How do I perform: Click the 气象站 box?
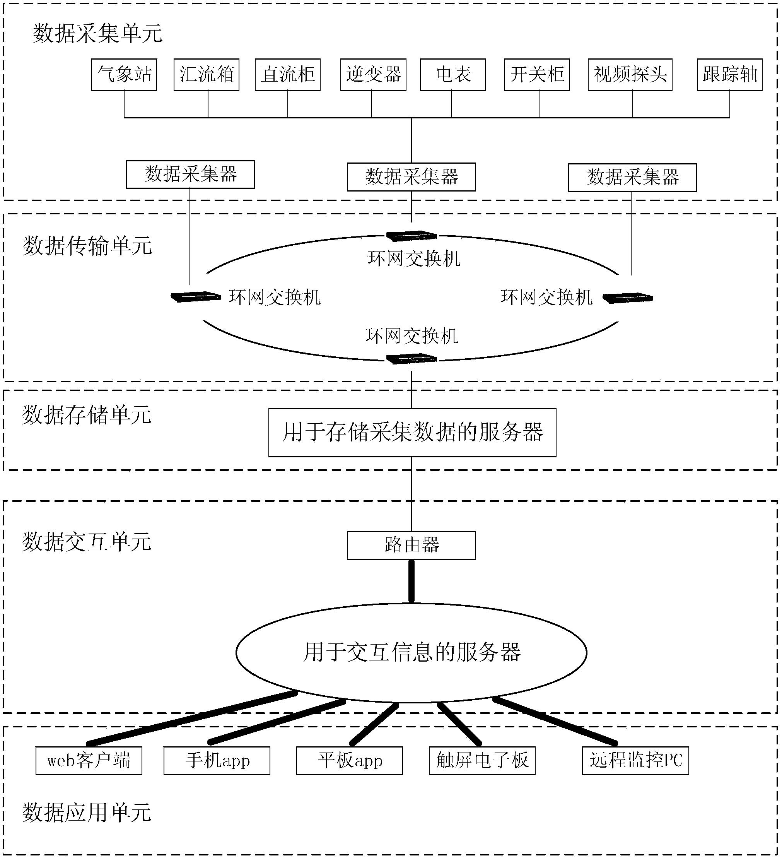pyautogui.click(x=124, y=75)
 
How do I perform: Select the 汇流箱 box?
pyautogui.click(x=207, y=75)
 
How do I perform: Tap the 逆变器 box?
pyautogui.click(x=373, y=75)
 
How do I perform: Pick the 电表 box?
pyautogui.click(x=452, y=75)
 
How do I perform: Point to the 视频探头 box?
pyautogui.click(x=630, y=75)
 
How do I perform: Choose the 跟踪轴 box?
pyautogui.click(x=729, y=75)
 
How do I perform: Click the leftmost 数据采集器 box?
pyautogui.click(x=190, y=174)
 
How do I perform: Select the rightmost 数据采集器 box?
pyautogui.click(x=632, y=177)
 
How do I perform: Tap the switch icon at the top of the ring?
pyautogui.click(x=411, y=235)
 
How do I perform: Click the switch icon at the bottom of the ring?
pyautogui.click(x=411, y=359)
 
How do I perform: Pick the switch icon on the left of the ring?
pyautogui.click(x=196, y=297)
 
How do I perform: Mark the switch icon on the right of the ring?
pyautogui.click(x=628, y=298)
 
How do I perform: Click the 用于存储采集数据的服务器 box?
pyautogui.click(x=412, y=432)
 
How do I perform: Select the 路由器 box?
pyautogui.click(x=411, y=545)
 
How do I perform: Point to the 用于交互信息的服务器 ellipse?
pyautogui.click(x=411, y=652)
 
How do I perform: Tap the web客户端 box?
pyautogui.click(x=89, y=761)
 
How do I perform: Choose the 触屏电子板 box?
pyautogui.click(x=482, y=761)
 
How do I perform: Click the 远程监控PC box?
pyautogui.click(x=635, y=761)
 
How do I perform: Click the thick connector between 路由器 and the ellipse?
pyautogui.click(x=411, y=581)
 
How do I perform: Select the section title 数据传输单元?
pyautogui.click(x=87, y=246)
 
